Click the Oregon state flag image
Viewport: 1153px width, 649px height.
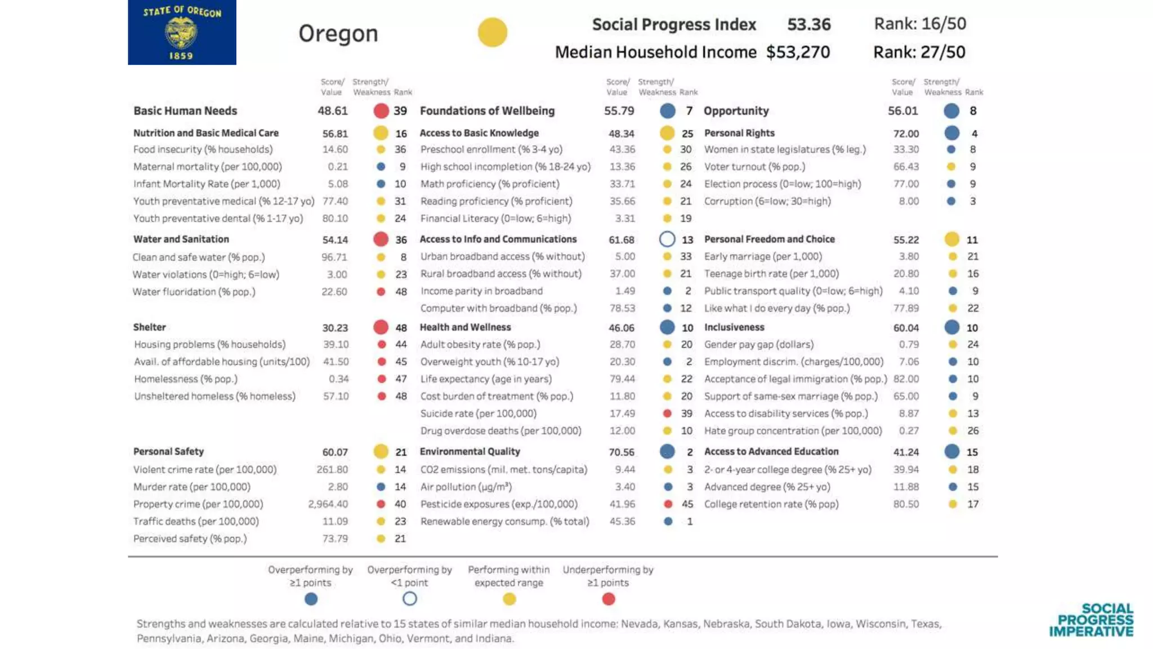point(182,32)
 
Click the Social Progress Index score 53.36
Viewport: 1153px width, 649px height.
point(808,24)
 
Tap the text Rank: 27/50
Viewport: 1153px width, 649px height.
point(919,52)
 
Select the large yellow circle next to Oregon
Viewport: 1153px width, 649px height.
point(492,32)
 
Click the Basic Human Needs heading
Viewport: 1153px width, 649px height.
point(185,111)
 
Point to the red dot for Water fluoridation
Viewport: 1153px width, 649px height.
point(381,292)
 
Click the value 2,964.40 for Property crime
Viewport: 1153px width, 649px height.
point(328,504)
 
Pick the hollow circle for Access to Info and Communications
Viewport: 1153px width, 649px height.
point(667,239)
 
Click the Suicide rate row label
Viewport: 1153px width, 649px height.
point(478,414)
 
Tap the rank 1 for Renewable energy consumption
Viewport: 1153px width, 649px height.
point(690,522)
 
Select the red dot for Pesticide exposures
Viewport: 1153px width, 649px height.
point(668,504)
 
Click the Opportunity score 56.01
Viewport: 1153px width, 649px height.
point(902,111)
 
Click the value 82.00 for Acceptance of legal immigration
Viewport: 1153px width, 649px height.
point(906,379)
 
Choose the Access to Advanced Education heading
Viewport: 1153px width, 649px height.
point(771,452)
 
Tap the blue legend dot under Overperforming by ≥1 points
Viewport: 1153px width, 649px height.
point(311,599)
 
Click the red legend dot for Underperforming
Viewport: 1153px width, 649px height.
point(608,599)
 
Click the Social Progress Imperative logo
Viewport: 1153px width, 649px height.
point(1091,620)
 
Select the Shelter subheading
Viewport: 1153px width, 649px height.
point(149,327)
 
